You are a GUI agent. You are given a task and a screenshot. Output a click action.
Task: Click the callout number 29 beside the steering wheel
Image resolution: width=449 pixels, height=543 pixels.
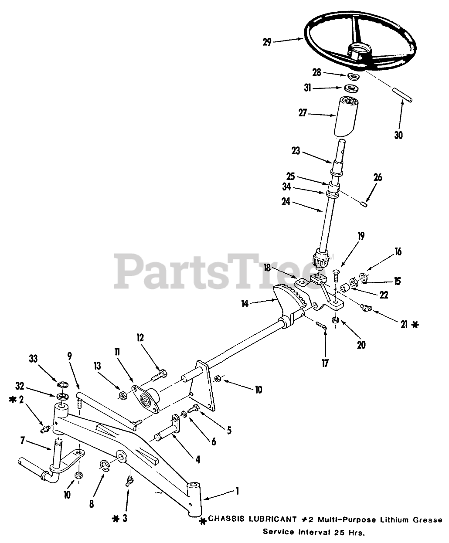(267, 42)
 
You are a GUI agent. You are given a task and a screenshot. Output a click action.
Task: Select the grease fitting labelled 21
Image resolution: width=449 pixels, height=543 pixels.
(364, 309)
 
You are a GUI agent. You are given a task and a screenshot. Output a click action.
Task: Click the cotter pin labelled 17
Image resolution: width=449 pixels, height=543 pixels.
(321, 325)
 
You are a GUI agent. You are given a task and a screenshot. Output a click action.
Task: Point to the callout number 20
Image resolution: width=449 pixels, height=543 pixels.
(361, 345)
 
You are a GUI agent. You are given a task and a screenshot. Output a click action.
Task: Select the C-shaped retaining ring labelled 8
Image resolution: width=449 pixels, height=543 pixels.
(105, 465)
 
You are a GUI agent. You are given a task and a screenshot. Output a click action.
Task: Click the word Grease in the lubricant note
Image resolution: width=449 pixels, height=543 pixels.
(429, 519)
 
